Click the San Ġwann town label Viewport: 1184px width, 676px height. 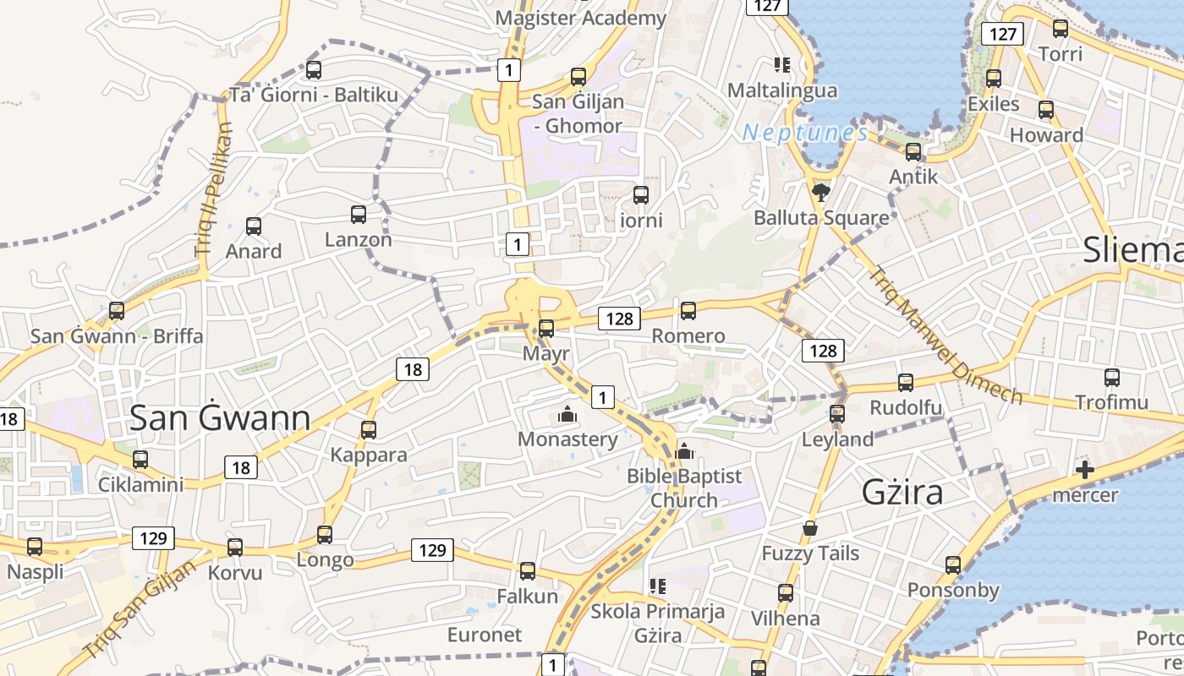pyautogui.click(x=220, y=417)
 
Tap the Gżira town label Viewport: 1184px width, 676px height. pyautogui.click(x=902, y=492)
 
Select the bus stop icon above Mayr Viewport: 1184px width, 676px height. pyautogui.click(x=546, y=328)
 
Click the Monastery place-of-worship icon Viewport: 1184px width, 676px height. pyautogui.click(x=567, y=414)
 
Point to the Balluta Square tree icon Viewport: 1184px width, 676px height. pyautogui.click(x=819, y=193)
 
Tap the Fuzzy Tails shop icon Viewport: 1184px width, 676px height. pyautogui.click(x=810, y=528)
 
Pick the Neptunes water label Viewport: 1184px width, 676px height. pyautogui.click(x=805, y=134)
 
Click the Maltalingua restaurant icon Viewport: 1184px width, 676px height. pyautogui.click(x=781, y=64)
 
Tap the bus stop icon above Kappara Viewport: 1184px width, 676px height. pyautogui.click(x=369, y=429)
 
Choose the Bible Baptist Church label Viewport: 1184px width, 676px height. pyautogui.click(x=684, y=488)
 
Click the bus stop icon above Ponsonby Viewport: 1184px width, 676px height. pyautogui.click(x=953, y=564)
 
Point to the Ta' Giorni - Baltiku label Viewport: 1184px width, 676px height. pyautogui.click(x=314, y=95)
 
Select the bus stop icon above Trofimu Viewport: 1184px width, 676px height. pyautogui.click(x=1112, y=377)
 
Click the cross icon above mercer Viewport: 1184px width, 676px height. pyautogui.click(x=1085, y=470)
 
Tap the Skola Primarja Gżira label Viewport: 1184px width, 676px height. pyautogui.click(x=658, y=623)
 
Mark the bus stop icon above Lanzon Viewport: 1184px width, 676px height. pyautogui.click(x=359, y=214)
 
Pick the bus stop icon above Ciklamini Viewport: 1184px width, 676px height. pyautogui.click(x=140, y=460)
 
